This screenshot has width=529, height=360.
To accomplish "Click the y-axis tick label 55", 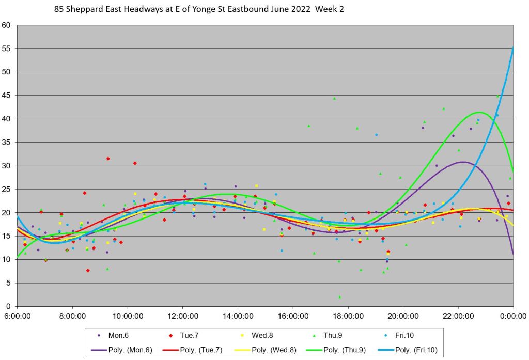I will pos(7,49).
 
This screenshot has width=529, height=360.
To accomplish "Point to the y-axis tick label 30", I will pos(7,166).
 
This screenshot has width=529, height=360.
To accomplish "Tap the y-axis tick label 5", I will pos(9,283).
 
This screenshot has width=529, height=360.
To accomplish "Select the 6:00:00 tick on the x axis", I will pos(18,316).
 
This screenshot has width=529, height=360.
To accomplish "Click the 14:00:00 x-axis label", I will pos(238,316).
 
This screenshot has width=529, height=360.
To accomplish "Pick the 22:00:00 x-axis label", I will pos(458,316).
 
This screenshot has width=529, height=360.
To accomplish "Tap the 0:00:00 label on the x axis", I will pos(513,316).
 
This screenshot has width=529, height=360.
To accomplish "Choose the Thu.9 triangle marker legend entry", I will pos(331,335).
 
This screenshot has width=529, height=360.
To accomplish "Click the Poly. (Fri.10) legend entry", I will pos(408,350).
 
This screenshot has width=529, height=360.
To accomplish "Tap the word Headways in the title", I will pos(126,9).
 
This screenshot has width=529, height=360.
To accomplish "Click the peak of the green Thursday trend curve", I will pos(479,112).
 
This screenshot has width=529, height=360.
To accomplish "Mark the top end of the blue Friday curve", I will pos(512,48).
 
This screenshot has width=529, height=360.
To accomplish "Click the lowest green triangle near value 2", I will pos(339,297).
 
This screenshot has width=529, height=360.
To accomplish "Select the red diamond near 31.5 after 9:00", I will pos(108,159).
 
